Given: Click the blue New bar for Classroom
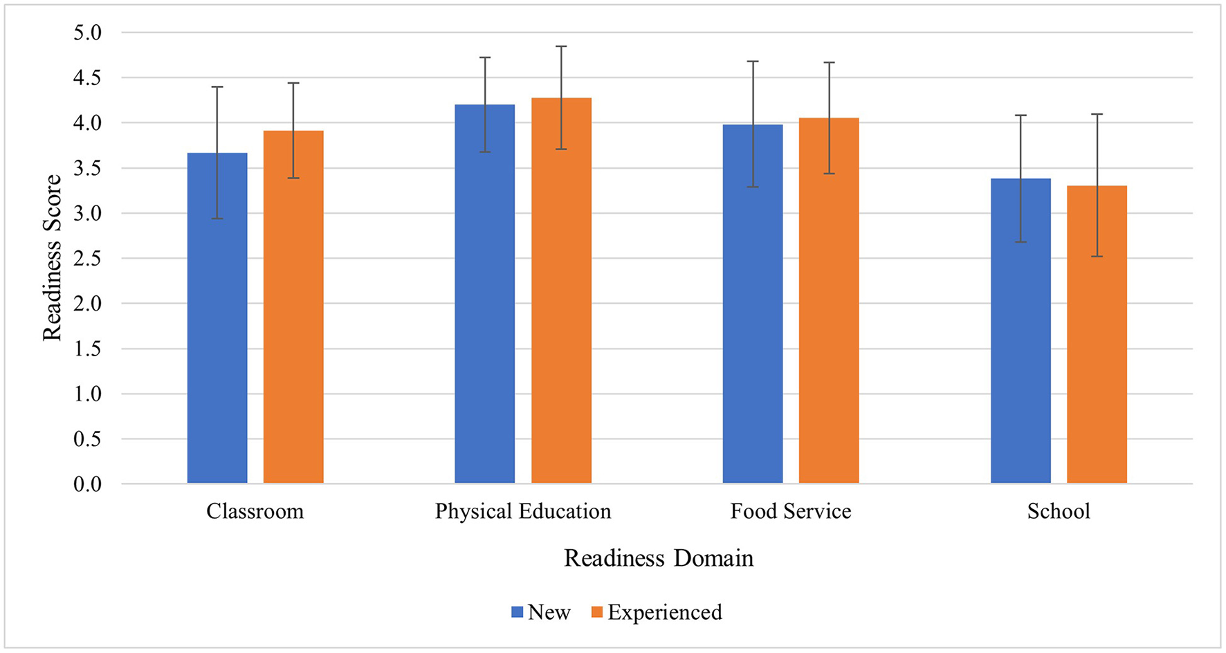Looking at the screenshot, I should coord(217,318).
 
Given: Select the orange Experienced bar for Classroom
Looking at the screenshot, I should coord(293,307).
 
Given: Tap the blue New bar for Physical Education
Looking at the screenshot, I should coord(485,294).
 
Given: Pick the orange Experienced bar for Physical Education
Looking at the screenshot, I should coord(561,291).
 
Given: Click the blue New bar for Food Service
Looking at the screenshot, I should coord(753,304).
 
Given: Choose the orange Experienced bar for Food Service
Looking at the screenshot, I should coord(829,301).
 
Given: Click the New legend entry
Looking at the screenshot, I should coord(541,612).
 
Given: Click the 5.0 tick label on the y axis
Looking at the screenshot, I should coord(87,33).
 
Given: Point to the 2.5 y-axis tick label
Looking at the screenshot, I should coord(87,259).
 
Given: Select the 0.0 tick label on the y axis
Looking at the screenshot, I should coord(87,484).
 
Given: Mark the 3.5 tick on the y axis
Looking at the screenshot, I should coord(87,168).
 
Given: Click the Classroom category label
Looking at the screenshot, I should coord(255,511).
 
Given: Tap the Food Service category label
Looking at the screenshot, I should coord(791,511).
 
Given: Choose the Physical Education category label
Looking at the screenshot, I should coord(523,511).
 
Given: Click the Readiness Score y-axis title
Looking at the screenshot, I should coord(53,257).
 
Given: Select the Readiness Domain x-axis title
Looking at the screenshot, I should coord(658,558).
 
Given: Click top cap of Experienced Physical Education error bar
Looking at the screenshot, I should coord(561,46).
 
